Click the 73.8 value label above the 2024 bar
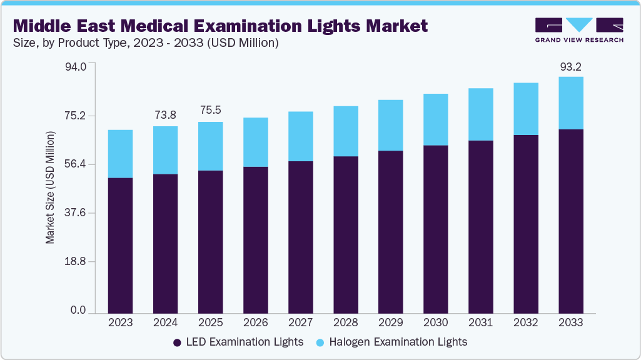165,115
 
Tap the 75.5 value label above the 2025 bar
210,111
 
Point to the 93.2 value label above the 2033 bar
570,67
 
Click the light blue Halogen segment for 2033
570,103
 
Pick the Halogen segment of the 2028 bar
345,131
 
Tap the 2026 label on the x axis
255,323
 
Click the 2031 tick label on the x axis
480,323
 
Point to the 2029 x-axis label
390,323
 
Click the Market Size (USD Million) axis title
50,187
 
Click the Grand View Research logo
579,29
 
